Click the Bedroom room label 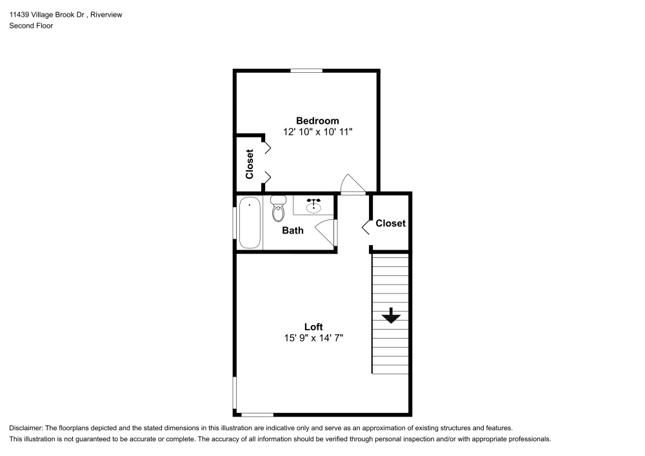coord(317,121)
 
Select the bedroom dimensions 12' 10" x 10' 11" coord(317,132)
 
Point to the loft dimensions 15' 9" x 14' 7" coord(313,337)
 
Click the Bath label coord(293,230)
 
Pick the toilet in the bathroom coord(279,208)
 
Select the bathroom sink coord(314,205)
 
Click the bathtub coord(250,223)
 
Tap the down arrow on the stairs coord(391,316)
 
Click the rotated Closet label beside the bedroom coord(250,164)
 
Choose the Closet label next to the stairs coord(390,223)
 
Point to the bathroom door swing coord(328,232)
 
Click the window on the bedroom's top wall coord(306,70)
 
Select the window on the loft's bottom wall coord(257,414)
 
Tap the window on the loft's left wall coord(235,393)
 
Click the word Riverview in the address coord(108,14)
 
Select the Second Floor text coord(31,26)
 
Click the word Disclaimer coord(26,428)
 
